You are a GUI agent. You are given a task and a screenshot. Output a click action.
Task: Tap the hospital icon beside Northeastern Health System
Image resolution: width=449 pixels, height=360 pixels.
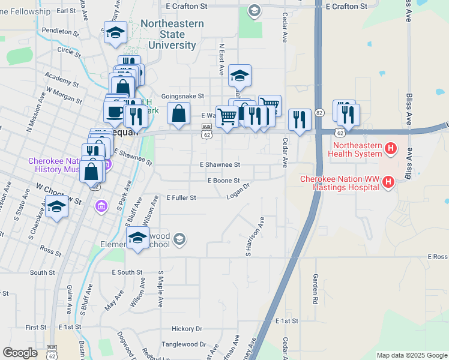pyautogui.click(x=391, y=148)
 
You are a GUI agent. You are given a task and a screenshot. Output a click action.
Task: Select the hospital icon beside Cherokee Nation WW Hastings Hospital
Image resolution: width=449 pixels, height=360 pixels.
pyautogui.click(x=388, y=181)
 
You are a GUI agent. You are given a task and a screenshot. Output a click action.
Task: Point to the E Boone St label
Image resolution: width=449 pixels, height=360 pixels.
pyautogui.click(x=223, y=181)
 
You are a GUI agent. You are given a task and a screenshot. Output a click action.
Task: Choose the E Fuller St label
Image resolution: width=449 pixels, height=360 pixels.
pyautogui.click(x=181, y=197)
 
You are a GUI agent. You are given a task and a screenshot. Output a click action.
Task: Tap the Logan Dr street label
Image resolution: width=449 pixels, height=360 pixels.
pyautogui.click(x=238, y=193)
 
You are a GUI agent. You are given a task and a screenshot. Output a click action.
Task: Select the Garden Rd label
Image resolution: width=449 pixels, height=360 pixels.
pyautogui.click(x=314, y=289)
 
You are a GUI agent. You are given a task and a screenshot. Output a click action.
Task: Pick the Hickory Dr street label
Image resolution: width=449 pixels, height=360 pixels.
pyautogui.click(x=187, y=329)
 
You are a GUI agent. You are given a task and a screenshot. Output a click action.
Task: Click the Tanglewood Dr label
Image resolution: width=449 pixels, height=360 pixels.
pyautogui.click(x=183, y=345)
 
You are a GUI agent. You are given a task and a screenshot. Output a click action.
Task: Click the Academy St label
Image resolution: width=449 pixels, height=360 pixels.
pyautogui.click(x=62, y=80)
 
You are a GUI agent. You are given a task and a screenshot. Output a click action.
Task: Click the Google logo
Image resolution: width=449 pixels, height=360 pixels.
pyautogui.click(x=20, y=353)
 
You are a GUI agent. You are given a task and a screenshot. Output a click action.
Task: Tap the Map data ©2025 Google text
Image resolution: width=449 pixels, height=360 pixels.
pyautogui.click(x=411, y=355)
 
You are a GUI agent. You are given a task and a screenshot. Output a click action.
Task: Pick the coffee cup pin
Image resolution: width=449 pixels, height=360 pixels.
pyautogui.click(x=115, y=111)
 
